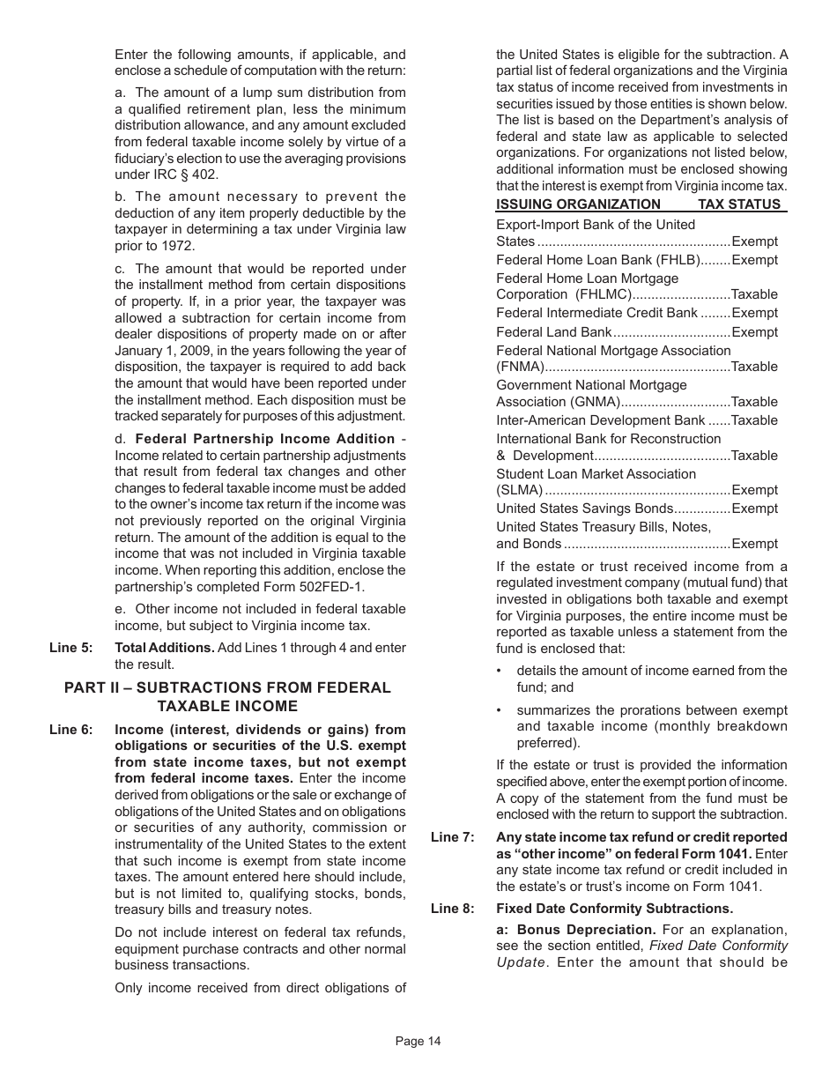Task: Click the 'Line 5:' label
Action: point(70,648)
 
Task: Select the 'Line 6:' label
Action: point(70,730)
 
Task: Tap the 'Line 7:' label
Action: point(452,837)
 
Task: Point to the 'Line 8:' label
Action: point(452,909)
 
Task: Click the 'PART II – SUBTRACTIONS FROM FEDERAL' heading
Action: point(227,688)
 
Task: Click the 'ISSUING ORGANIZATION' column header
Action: point(578,204)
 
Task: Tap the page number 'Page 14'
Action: point(418,1041)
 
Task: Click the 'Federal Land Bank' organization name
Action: point(553,332)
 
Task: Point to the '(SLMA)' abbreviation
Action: point(519,490)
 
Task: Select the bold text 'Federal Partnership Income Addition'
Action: point(265,439)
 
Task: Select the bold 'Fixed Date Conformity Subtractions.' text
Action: point(614,909)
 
